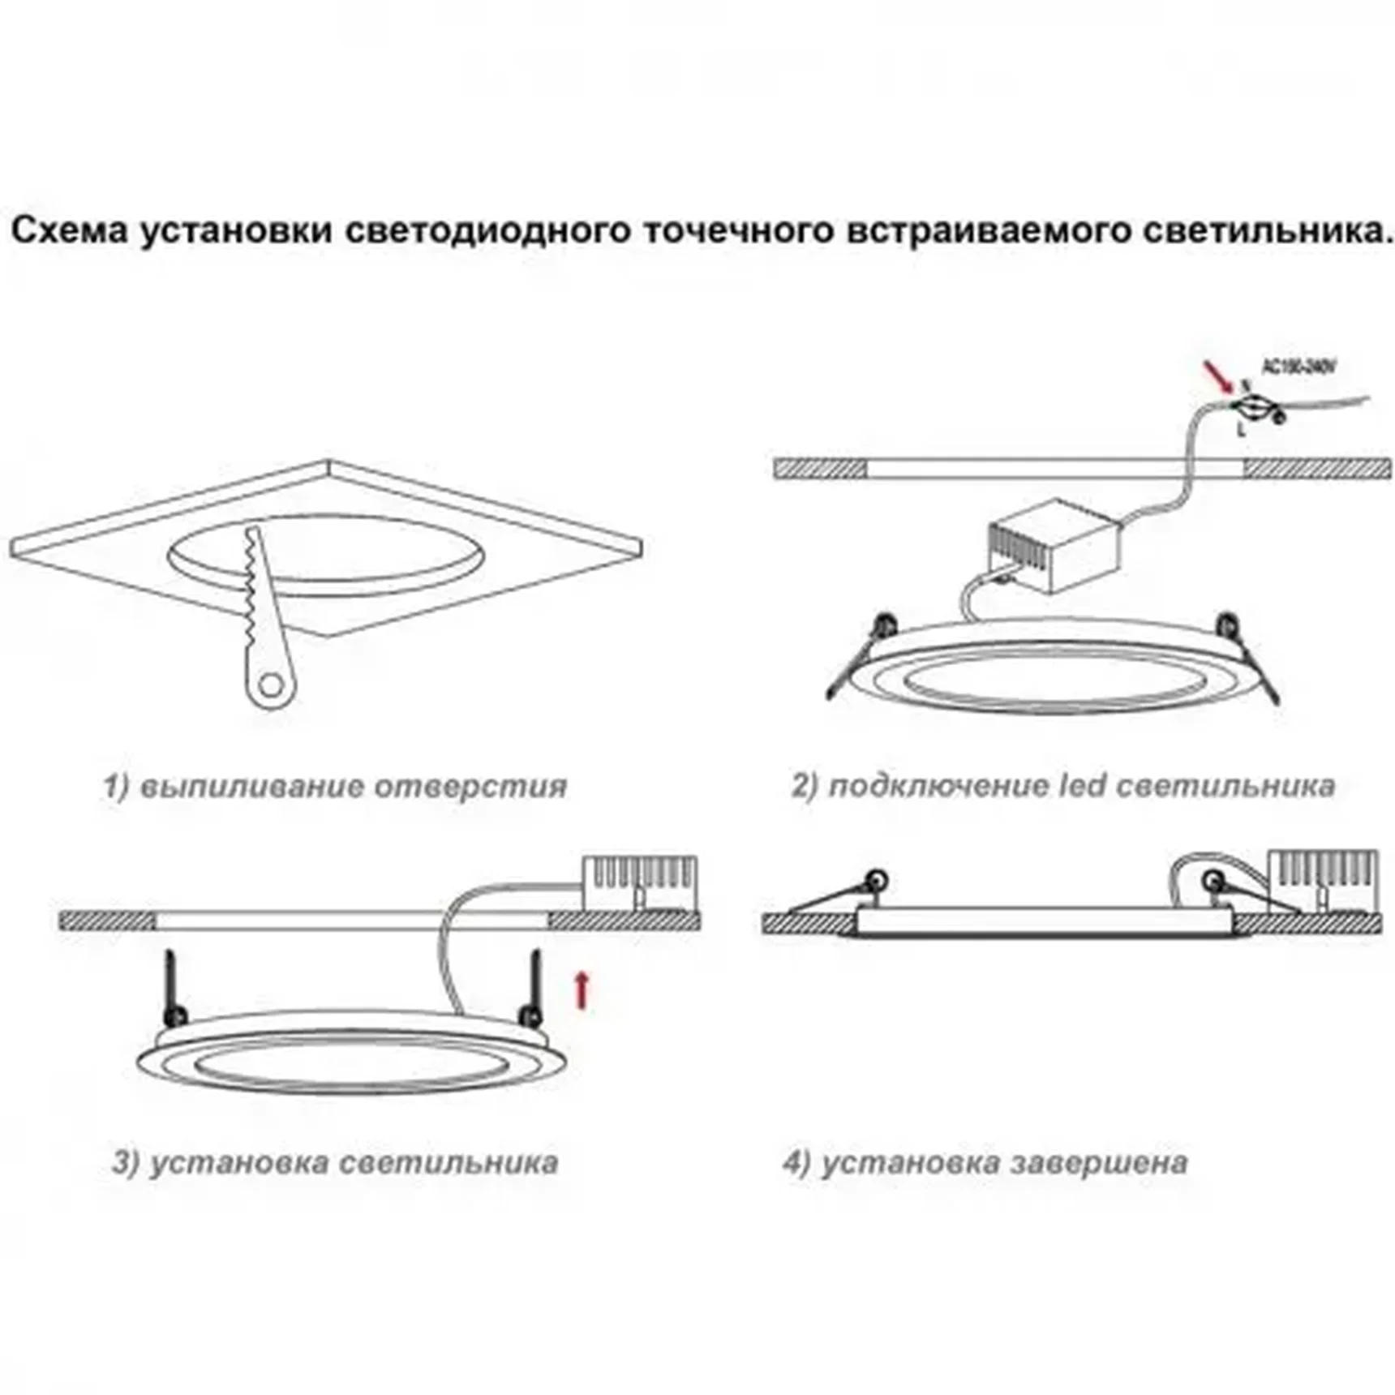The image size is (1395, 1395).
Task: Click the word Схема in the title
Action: (x=70, y=230)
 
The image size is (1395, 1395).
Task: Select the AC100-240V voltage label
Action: (x=1298, y=367)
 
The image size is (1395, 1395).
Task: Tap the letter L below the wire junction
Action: (x=1241, y=430)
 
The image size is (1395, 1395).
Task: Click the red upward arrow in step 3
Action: (x=581, y=989)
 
